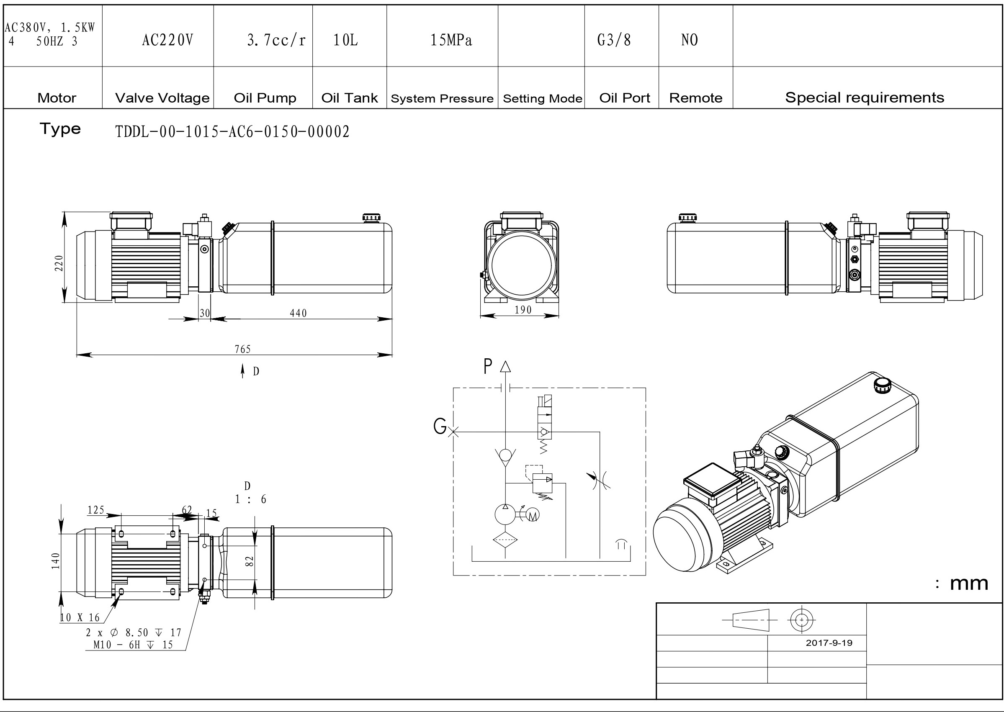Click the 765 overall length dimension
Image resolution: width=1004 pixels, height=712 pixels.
point(242,349)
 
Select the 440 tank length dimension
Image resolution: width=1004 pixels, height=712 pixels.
point(298,313)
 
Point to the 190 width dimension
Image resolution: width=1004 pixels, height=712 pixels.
point(523,310)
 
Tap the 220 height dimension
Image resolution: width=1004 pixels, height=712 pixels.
point(59,263)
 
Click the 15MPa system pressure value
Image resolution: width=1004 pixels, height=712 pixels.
point(451,40)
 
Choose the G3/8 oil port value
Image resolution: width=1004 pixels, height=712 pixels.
point(614,40)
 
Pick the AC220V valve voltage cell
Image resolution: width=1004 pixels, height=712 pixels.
point(167,40)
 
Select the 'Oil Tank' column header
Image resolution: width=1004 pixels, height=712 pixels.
point(349,98)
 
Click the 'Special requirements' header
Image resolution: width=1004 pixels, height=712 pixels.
point(865,98)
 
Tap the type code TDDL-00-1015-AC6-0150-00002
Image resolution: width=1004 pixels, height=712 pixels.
point(232,131)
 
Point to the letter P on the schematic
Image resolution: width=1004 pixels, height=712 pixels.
point(487,367)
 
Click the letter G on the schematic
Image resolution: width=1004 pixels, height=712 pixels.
point(439,426)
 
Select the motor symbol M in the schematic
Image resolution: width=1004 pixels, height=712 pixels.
point(533,516)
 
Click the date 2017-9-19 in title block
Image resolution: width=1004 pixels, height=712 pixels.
point(829,643)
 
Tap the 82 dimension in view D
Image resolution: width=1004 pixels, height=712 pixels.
point(249,561)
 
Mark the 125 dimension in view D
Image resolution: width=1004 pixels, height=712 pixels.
point(96,510)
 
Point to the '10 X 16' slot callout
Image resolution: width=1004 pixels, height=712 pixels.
point(80,618)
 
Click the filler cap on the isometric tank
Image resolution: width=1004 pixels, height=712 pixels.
point(882,386)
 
